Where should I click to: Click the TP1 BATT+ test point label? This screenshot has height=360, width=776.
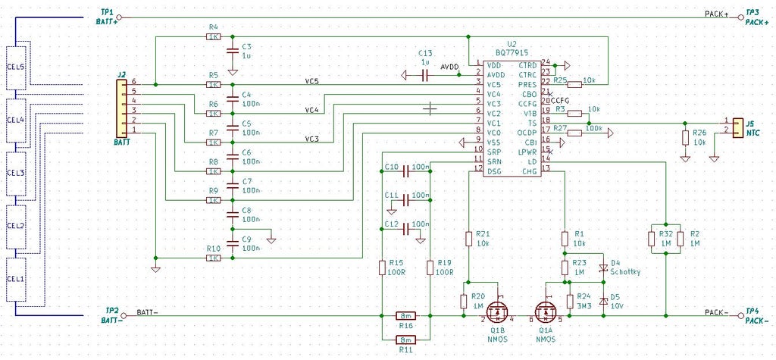(106, 17)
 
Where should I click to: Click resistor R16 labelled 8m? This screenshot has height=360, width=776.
(406, 315)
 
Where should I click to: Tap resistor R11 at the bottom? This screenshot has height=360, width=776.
(406, 340)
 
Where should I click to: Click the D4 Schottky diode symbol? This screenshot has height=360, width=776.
(603, 268)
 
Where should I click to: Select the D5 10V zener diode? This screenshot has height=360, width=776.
(603, 300)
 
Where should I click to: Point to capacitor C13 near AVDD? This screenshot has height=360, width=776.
(426, 74)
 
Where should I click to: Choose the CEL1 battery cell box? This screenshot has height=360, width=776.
(16, 279)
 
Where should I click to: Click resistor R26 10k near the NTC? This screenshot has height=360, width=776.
(685, 137)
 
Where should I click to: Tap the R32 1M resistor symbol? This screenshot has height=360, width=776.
(651, 239)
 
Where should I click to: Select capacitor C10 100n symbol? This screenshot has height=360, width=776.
(405, 171)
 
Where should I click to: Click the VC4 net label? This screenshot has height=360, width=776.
(311, 111)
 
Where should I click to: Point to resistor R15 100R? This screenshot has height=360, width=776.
(383, 267)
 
